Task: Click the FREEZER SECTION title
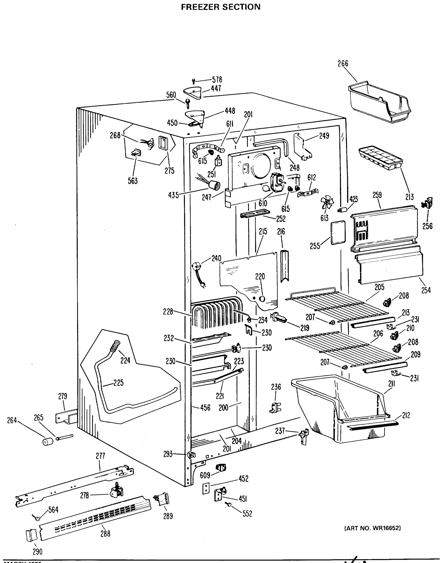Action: [221, 7]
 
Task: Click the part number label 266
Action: [343, 64]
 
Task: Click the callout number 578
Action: [217, 79]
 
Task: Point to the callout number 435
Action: [173, 195]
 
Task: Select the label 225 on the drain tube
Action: [118, 383]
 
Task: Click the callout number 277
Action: [100, 456]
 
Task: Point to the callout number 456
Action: [205, 408]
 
